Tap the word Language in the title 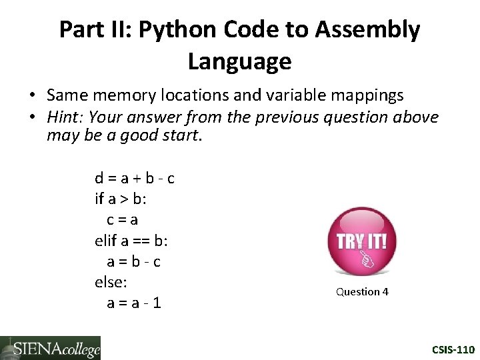(x=239, y=62)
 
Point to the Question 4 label (x=362, y=291)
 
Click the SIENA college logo (x=50, y=348)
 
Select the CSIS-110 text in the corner (x=453, y=349)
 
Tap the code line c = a (x=123, y=219)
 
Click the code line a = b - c (x=133, y=261)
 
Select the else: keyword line (x=111, y=281)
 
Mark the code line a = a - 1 (x=133, y=303)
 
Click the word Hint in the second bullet (x=64, y=117)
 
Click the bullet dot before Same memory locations (x=32, y=97)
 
